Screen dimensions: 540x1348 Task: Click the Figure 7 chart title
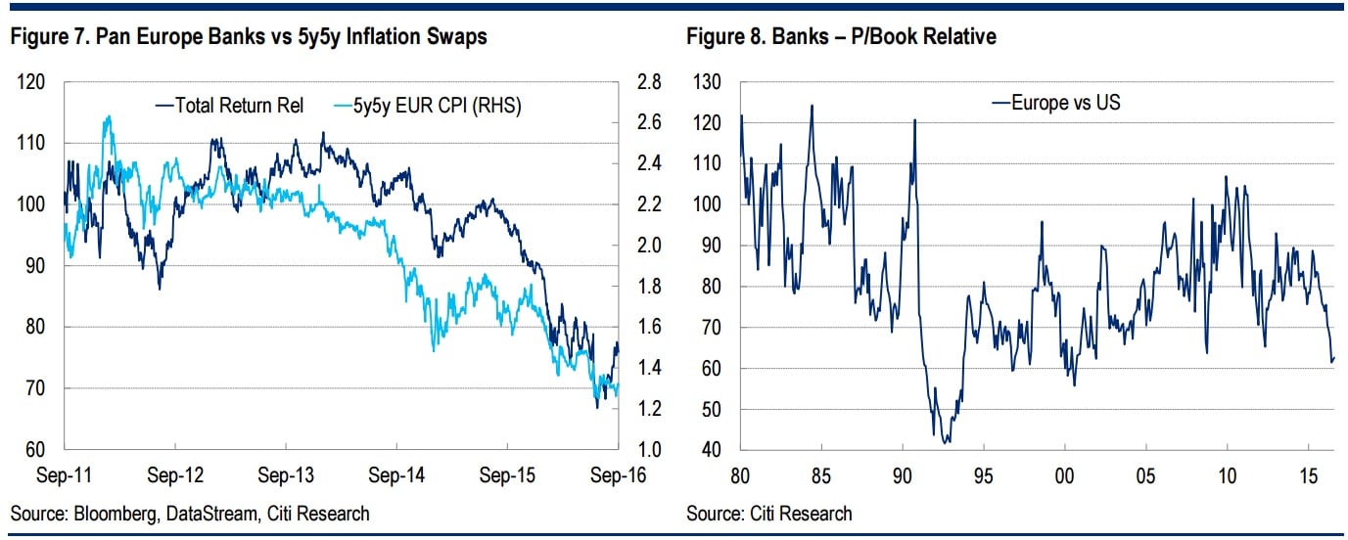click(x=249, y=37)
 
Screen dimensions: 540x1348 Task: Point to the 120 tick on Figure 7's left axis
click(x=32, y=82)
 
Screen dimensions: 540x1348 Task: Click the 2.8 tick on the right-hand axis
click(x=650, y=82)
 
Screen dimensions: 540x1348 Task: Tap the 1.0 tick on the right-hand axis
click(x=650, y=450)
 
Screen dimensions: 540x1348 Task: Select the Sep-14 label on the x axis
click(x=395, y=475)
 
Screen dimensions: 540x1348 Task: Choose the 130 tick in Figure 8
click(x=708, y=82)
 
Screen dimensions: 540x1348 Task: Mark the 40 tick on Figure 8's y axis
click(x=712, y=450)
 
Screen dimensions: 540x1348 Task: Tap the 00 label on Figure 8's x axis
click(x=1065, y=475)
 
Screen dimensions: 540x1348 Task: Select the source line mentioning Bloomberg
click(x=190, y=513)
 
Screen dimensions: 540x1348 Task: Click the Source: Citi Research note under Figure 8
click(x=769, y=513)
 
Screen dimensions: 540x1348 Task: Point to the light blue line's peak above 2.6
click(x=108, y=116)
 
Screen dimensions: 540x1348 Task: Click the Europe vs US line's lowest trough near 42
click(x=946, y=443)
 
